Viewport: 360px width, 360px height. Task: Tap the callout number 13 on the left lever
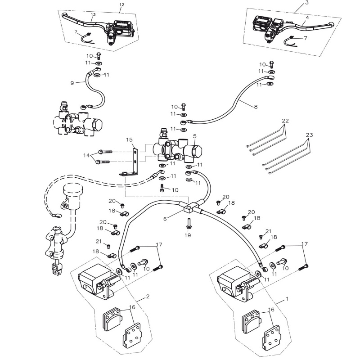(x=93, y=14)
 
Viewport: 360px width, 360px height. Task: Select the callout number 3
(x=307, y=3)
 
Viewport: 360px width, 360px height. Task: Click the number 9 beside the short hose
(x=194, y=135)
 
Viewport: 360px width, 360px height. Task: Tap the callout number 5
(x=194, y=135)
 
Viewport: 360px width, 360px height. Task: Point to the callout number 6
(x=165, y=219)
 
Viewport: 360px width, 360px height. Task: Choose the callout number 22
(x=285, y=121)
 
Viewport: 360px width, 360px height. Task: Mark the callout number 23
(x=309, y=135)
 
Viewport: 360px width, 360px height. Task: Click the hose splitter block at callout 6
(x=190, y=207)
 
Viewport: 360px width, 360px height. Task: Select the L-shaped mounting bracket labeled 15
(x=134, y=164)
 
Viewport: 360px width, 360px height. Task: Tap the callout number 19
(x=188, y=235)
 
